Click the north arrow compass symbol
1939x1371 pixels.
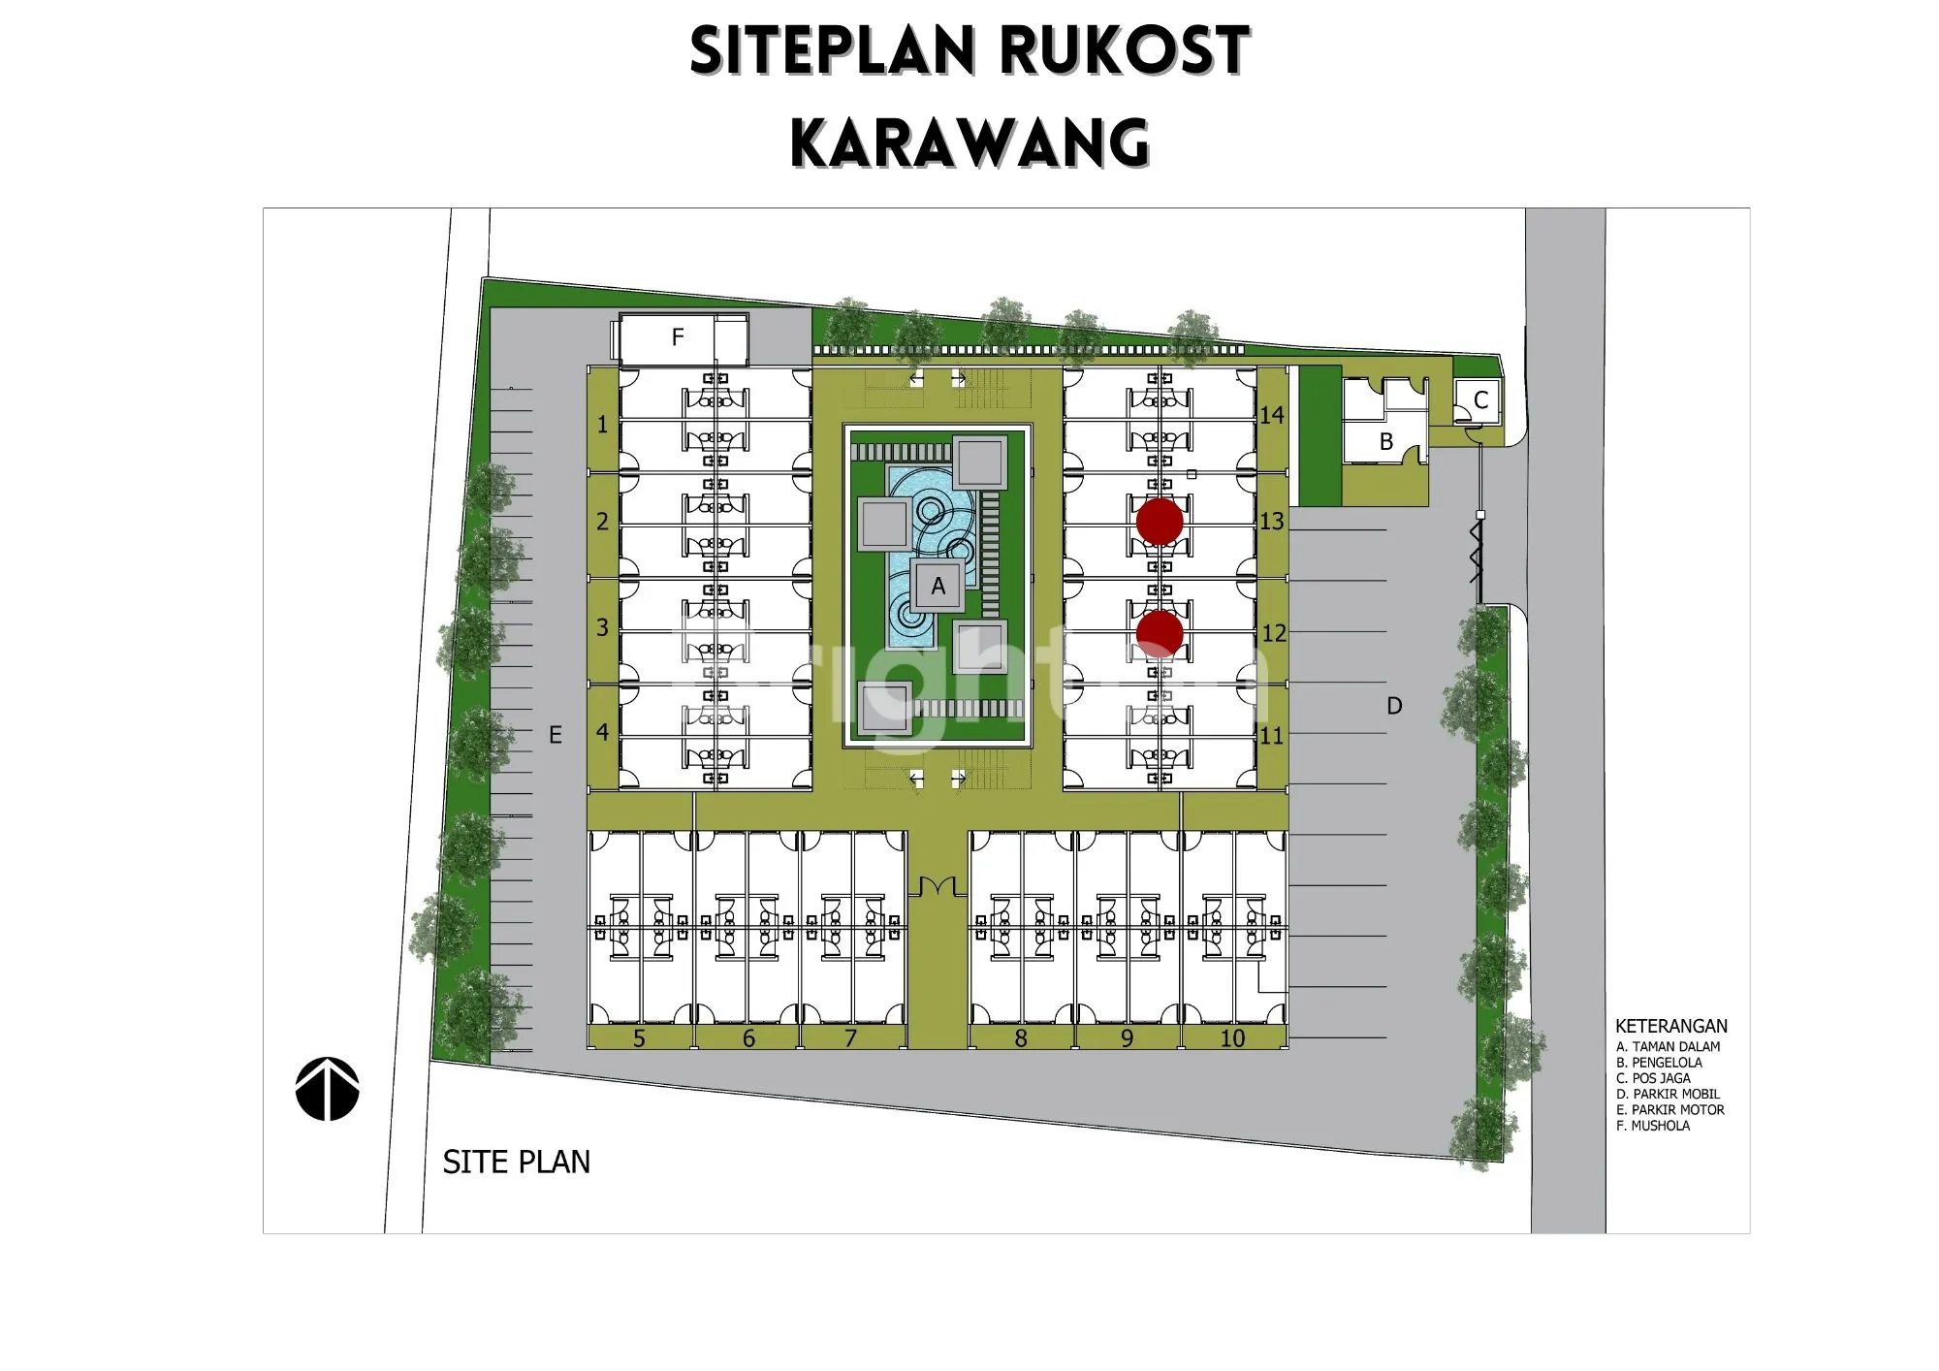point(328,1089)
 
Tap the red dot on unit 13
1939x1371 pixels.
point(1160,522)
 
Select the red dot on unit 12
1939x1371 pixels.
point(1160,634)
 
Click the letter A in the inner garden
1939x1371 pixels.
point(938,586)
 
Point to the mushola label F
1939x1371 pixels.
point(678,337)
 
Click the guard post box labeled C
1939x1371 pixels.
point(1478,400)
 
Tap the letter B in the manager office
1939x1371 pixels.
point(1386,442)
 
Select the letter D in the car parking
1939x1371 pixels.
point(1394,706)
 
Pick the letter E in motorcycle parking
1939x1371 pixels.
point(556,735)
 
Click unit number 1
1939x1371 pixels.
point(602,424)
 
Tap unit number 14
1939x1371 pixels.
point(1272,415)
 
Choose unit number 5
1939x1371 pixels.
point(639,1038)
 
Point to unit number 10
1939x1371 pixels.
point(1232,1038)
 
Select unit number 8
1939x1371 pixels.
point(1021,1038)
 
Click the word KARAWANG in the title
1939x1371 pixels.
point(970,143)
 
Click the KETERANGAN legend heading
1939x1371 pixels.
point(1671,1026)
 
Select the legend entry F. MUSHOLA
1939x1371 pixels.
point(1653,1126)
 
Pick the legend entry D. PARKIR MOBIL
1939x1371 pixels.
point(1669,1094)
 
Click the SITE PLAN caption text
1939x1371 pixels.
point(517,1162)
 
